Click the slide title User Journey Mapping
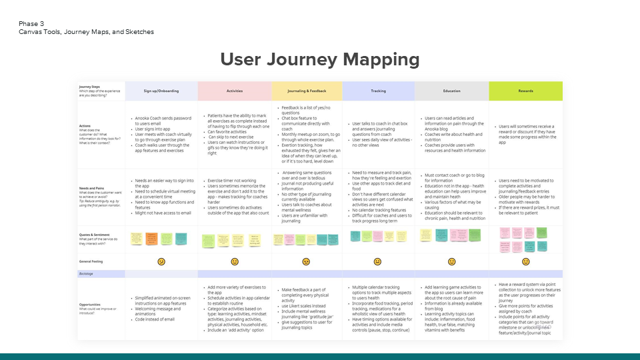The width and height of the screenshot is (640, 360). tap(320, 60)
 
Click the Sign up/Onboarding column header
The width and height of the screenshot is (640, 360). tap(161, 91)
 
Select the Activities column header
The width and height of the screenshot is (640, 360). tap(235, 91)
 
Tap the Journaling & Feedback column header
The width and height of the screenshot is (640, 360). tap(307, 91)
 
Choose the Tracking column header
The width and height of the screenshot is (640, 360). tap(378, 91)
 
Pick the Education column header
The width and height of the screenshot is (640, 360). tap(451, 91)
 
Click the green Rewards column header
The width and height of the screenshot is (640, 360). tap(525, 91)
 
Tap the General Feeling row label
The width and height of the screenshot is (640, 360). tap(92, 262)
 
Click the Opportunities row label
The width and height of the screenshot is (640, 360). tap(92, 305)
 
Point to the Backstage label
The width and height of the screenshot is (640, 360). tap(87, 274)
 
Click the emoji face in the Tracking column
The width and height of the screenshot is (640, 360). tap(378, 262)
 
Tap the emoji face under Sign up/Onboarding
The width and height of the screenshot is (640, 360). tap(161, 262)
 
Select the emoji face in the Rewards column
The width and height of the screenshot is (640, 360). tap(525, 262)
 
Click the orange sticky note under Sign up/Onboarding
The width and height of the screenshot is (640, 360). tap(152, 238)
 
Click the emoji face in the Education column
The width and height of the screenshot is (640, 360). tap(451, 262)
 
